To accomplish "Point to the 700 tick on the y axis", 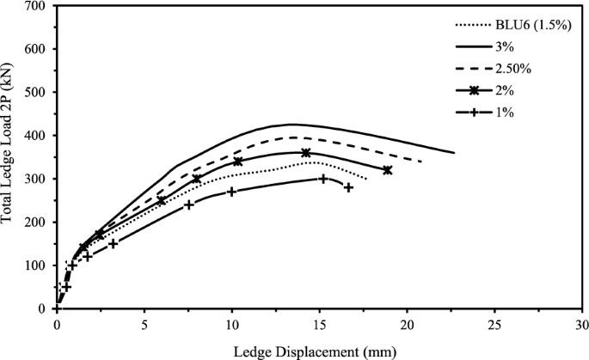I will (x=36, y=6).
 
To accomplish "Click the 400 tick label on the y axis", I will (x=36, y=136).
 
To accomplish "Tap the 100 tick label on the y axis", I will (x=36, y=265).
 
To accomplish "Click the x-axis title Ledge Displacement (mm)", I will (x=318, y=351).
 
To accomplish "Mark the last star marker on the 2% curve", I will (x=387, y=170).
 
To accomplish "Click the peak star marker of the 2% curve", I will (x=305, y=153).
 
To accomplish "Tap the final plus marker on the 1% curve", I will (x=348, y=187).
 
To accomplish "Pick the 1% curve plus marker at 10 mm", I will (x=231, y=192).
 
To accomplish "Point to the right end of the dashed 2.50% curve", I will (x=421, y=162).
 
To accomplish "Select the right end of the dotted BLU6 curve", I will (x=366, y=179).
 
